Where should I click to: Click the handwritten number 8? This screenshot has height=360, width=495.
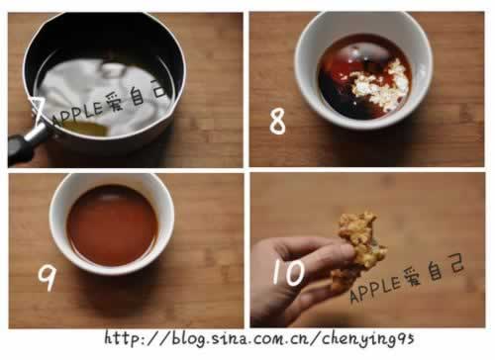277,121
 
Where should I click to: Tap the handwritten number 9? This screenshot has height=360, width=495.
47,277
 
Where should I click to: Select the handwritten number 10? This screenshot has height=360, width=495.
288,272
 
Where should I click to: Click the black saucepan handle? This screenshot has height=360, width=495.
23,144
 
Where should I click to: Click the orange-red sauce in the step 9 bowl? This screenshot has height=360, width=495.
113,225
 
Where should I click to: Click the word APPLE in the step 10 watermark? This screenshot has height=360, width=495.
374,289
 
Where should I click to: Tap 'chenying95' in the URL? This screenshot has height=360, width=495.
367,339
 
